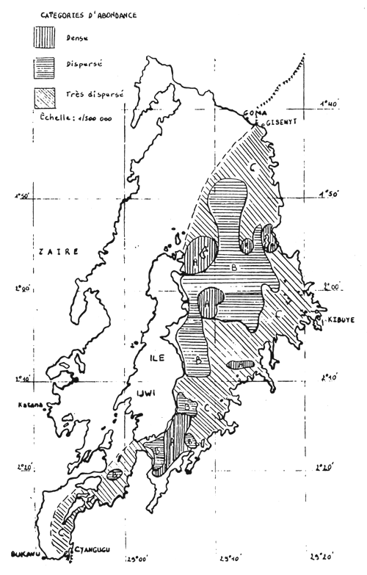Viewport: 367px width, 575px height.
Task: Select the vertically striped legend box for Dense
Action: click(x=45, y=37)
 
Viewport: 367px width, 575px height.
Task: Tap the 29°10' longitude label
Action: click(x=234, y=557)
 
